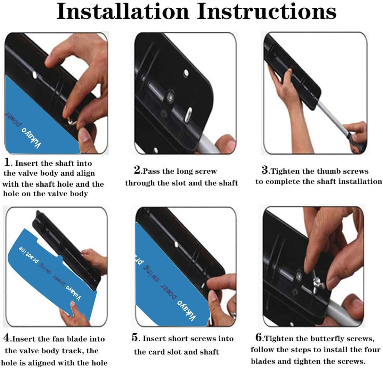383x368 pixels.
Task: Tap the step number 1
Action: (x=7, y=162)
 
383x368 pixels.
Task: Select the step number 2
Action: (x=137, y=170)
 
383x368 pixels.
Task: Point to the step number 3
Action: (x=265, y=170)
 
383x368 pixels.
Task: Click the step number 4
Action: (x=7, y=338)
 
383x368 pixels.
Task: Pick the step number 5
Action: (x=135, y=338)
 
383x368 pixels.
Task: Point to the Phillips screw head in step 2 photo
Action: (x=169, y=96)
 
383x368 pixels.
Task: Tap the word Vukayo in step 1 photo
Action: (x=31, y=138)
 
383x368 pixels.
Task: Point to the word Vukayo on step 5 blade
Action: (x=187, y=310)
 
